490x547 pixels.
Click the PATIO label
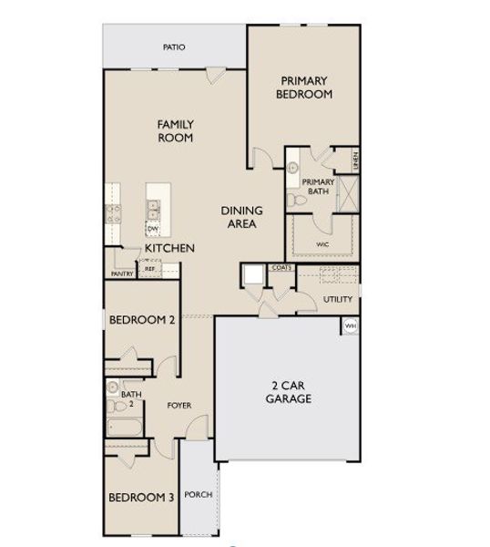(174, 46)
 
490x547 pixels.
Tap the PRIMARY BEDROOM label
(305, 88)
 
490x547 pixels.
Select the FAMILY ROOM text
(175, 130)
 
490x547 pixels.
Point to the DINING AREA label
(241, 217)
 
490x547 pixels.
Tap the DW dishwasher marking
(152, 230)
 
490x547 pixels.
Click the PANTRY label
(122, 273)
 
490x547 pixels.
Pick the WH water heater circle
(350, 325)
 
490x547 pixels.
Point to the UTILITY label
(337, 298)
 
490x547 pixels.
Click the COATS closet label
(281, 268)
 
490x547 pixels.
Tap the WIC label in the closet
(322, 243)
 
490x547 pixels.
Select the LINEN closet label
(355, 160)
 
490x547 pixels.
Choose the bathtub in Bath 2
(124, 428)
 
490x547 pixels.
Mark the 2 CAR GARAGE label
(288, 392)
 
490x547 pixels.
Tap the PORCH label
(198, 495)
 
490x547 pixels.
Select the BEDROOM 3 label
(141, 497)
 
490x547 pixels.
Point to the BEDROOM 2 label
(141, 320)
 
